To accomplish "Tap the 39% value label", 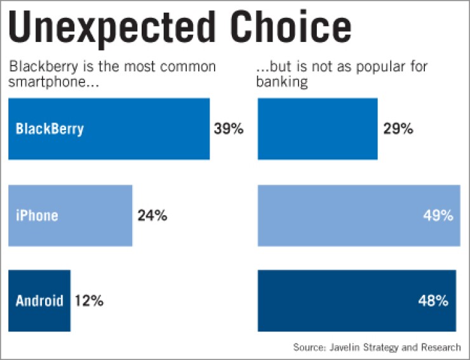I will coord(229,129).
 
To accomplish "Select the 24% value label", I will coord(152,216).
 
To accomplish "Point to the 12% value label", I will coord(88,300).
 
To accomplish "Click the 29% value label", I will coord(398,129).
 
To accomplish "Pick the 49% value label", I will coord(438,216).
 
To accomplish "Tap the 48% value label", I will coord(434,300).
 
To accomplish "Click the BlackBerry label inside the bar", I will coord(50,129).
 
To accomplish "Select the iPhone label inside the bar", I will coord(37,216).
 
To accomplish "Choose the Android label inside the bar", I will coord(39,300).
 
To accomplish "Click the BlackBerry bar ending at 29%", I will coord(318,129).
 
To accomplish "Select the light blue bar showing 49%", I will coord(343,216).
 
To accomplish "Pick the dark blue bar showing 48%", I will coord(343,300).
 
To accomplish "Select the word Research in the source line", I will coord(440,347).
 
